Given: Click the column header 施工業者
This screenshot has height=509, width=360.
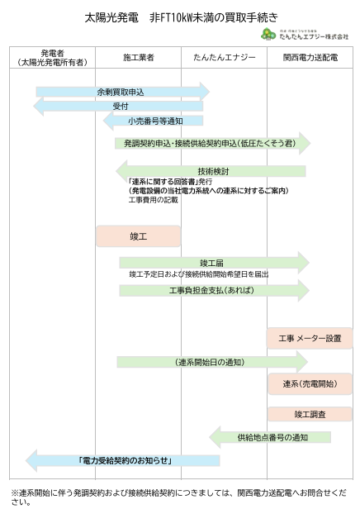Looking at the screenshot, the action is tap(139, 58).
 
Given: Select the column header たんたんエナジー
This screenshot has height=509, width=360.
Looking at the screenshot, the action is tap(225, 58).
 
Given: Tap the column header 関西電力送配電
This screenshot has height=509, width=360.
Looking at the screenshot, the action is tap(310, 58).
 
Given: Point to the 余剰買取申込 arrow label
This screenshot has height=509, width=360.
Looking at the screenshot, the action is tap(121, 93).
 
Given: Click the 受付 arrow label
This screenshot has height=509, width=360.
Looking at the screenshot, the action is tap(121, 106).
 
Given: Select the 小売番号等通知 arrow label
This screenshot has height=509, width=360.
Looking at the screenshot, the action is tap(155, 121).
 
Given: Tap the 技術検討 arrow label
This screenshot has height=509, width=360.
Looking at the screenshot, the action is tap(213, 171).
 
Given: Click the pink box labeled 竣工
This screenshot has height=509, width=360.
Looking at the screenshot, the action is tap(138, 236).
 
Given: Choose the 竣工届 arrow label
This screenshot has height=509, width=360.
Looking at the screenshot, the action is tap(211, 263).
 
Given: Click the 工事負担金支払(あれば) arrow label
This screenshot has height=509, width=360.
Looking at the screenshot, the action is tap(211, 290).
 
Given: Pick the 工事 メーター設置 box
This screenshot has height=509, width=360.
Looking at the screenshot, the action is tap(310, 338).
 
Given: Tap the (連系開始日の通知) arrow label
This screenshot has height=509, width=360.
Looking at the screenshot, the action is tap(210, 362).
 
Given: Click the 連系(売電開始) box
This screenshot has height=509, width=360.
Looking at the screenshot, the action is tap(310, 383).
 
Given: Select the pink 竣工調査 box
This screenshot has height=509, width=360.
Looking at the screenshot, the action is tap(310, 414).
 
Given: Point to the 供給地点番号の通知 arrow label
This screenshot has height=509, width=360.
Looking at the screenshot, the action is tap(272, 437).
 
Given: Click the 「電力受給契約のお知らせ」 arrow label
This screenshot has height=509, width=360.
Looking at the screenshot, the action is tap(126, 460).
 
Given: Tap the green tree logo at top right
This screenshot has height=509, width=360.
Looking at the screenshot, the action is tap(268, 34).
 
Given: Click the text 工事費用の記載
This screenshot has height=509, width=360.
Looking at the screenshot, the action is tap(153, 200).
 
